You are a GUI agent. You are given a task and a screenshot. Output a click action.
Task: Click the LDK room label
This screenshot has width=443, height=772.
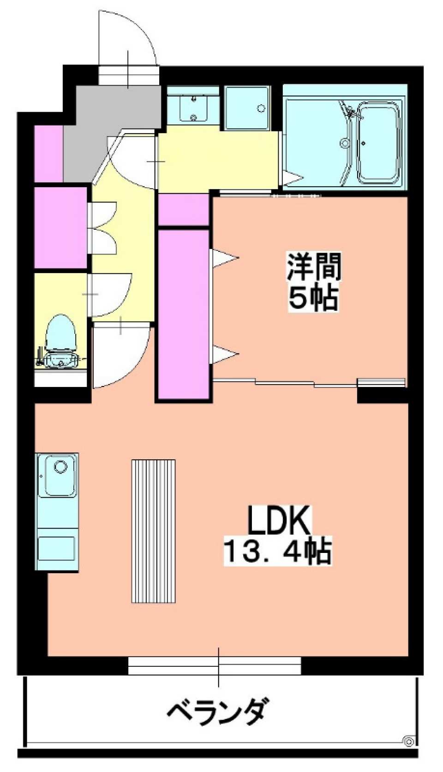point(279,520)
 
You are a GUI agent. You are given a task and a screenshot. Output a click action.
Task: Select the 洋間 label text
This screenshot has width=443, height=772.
point(314,267)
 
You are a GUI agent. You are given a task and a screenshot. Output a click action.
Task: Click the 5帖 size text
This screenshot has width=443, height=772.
point(314,299)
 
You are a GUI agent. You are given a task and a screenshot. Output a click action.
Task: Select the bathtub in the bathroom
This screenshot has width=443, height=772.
point(379,142)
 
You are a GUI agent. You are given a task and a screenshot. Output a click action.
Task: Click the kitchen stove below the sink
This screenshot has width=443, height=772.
point(56,548)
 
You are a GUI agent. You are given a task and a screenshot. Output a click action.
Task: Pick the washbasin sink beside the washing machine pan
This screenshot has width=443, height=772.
point(193,107)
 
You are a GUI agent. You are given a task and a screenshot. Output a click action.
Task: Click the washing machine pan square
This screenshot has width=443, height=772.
point(247,108)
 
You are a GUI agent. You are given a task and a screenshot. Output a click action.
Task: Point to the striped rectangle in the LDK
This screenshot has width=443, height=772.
point(153,531)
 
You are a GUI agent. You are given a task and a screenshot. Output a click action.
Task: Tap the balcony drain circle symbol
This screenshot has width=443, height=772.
point(409,741)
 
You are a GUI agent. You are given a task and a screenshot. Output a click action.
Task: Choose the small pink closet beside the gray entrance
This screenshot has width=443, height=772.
point(48,153)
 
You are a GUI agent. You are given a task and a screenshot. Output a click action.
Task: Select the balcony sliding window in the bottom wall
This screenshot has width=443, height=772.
point(215,666)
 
